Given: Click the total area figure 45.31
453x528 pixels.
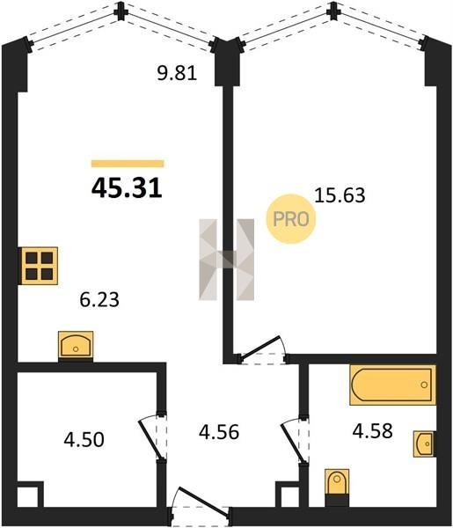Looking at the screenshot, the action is (127, 188).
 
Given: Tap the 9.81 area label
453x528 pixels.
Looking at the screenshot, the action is (177, 73).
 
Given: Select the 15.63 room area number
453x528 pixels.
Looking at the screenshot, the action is (340, 195).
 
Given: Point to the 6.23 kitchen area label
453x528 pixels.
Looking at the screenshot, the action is (99, 299).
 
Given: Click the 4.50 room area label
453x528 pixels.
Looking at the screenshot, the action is (84, 440).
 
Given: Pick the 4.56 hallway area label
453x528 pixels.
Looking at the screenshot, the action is (219, 432).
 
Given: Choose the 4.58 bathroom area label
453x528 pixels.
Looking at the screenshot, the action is (373, 431).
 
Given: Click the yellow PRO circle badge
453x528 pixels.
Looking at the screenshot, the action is (291, 219).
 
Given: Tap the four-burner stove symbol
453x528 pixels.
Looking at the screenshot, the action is (40, 266).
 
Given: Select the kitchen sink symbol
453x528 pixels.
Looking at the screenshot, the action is (76, 346).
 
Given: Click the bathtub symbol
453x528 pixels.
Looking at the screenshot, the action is (393, 385).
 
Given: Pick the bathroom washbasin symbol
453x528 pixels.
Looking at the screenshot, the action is (424, 444).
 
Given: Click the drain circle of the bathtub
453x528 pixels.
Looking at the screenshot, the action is (424, 385).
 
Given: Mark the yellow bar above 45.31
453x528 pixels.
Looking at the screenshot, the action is (128, 164).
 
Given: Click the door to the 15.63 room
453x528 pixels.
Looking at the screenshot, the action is (262, 351).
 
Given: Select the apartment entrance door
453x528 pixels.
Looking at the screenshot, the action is (201, 505).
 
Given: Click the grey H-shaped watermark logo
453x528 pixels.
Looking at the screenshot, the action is (227, 260).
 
